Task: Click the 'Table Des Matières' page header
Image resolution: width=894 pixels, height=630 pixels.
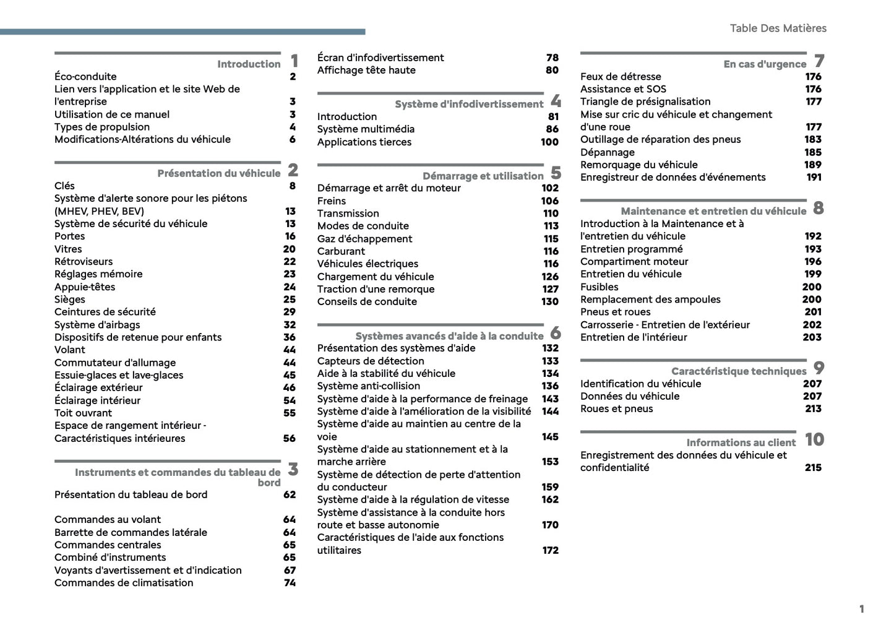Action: pyautogui.click(x=778, y=28)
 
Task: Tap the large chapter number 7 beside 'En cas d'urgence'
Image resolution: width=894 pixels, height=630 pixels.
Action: pyautogui.click(x=819, y=61)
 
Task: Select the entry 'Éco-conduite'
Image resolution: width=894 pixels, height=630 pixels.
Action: pyautogui.click(x=85, y=77)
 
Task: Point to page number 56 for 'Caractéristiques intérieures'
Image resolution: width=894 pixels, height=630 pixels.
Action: pyautogui.click(x=290, y=438)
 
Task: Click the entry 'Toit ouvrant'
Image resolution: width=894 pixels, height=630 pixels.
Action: pyautogui.click(x=83, y=413)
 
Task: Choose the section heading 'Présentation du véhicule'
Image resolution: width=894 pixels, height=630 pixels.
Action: pyautogui.click(x=218, y=173)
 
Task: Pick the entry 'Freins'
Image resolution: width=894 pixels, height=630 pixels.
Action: pyautogui.click(x=332, y=201)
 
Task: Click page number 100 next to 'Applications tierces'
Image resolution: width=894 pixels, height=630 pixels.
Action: pyautogui.click(x=549, y=142)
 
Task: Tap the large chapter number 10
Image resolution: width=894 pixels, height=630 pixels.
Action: pyautogui.click(x=814, y=439)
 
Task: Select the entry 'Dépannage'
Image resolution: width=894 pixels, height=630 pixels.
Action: pyautogui.click(x=607, y=152)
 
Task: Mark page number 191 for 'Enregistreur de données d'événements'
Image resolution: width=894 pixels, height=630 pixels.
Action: pyautogui.click(x=814, y=177)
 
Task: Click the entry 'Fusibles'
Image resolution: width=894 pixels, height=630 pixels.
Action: pyautogui.click(x=599, y=287)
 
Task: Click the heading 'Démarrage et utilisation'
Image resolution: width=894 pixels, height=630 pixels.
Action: pyautogui.click(x=483, y=176)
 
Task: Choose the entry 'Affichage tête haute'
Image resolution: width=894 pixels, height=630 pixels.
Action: pyautogui.click(x=366, y=71)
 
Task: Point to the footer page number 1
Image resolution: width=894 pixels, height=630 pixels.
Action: pyautogui.click(x=861, y=609)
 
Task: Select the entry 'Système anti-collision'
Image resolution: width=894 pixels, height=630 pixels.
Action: pyautogui.click(x=369, y=386)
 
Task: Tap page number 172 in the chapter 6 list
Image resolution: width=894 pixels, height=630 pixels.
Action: pyautogui.click(x=550, y=550)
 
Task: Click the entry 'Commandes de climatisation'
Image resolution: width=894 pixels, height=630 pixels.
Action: pyautogui.click(x=124, y=583)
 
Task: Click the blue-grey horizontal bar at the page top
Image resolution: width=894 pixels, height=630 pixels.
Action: pyautogui.click(x=183, y=32)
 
